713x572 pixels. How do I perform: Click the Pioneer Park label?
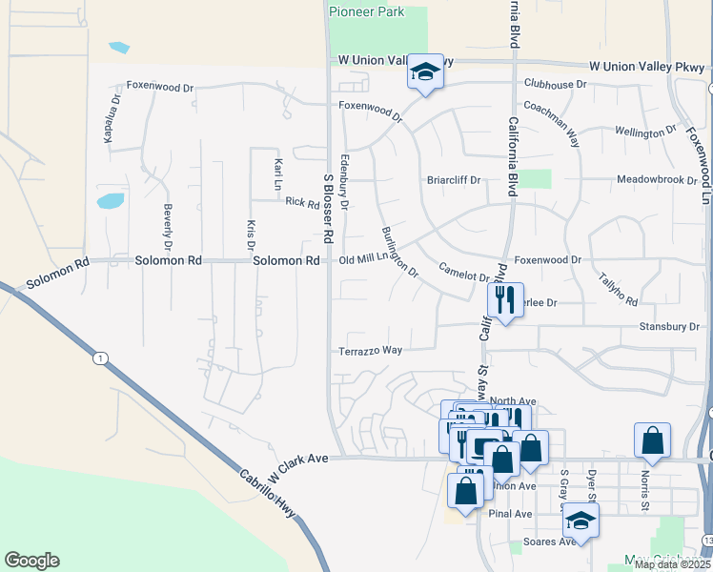pos(366,12)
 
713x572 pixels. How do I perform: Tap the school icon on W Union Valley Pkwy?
pos(426,72)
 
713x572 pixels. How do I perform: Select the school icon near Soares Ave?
pos(581,521)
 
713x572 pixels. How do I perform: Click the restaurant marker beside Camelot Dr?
pos(505,300)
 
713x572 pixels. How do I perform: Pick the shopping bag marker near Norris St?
pos(652,440)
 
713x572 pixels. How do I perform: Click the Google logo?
pos(31,561)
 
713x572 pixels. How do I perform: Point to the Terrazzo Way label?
pos(370,351)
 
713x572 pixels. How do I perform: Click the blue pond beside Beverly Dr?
pos(110,201)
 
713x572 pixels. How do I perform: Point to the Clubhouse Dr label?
pos(555,84)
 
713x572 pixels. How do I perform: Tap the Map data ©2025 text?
pos(672,563)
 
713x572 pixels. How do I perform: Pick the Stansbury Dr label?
pos(668,326)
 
